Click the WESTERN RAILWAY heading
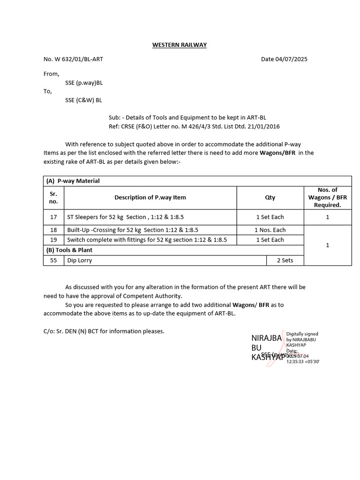[x=179, y=45]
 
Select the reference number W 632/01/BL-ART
[x=73, y=59]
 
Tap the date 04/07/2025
[x=284, y=59]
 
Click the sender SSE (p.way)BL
[x=84, y=82]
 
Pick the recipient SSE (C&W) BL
[x=83, y=100]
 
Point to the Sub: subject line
[x=187, y=118]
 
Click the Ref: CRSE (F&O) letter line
[x=194, y=127]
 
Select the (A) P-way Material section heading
[x=73, y=181]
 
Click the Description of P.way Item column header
[x=150, y=197]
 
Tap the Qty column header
[x=270, y=197]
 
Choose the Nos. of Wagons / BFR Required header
[x=327, y=197]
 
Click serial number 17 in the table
[x=53, y=217]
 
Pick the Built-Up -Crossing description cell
[x=133, y=230]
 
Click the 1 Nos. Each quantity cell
[x=270, y=230]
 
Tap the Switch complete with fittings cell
[x=147, y=240]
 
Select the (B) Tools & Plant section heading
[x=69, y=250]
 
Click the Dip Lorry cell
[x=80, y=260]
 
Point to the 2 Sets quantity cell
[x=285, y=260]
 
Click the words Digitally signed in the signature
[x=302, y=334]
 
